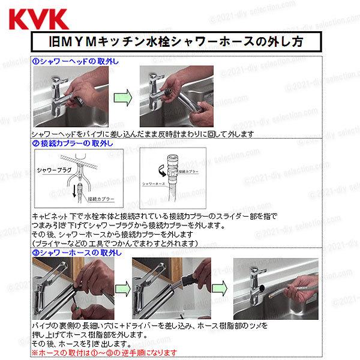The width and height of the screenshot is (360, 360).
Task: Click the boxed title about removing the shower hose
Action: pos(180,43)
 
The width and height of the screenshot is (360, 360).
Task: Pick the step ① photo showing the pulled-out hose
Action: pos(174,97)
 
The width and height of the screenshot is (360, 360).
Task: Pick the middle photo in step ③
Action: pos(171,289)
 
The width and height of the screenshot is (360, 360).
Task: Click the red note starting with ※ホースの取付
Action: pos(105,352)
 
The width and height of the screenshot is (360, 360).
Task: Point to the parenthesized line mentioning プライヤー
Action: pos(114,244)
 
